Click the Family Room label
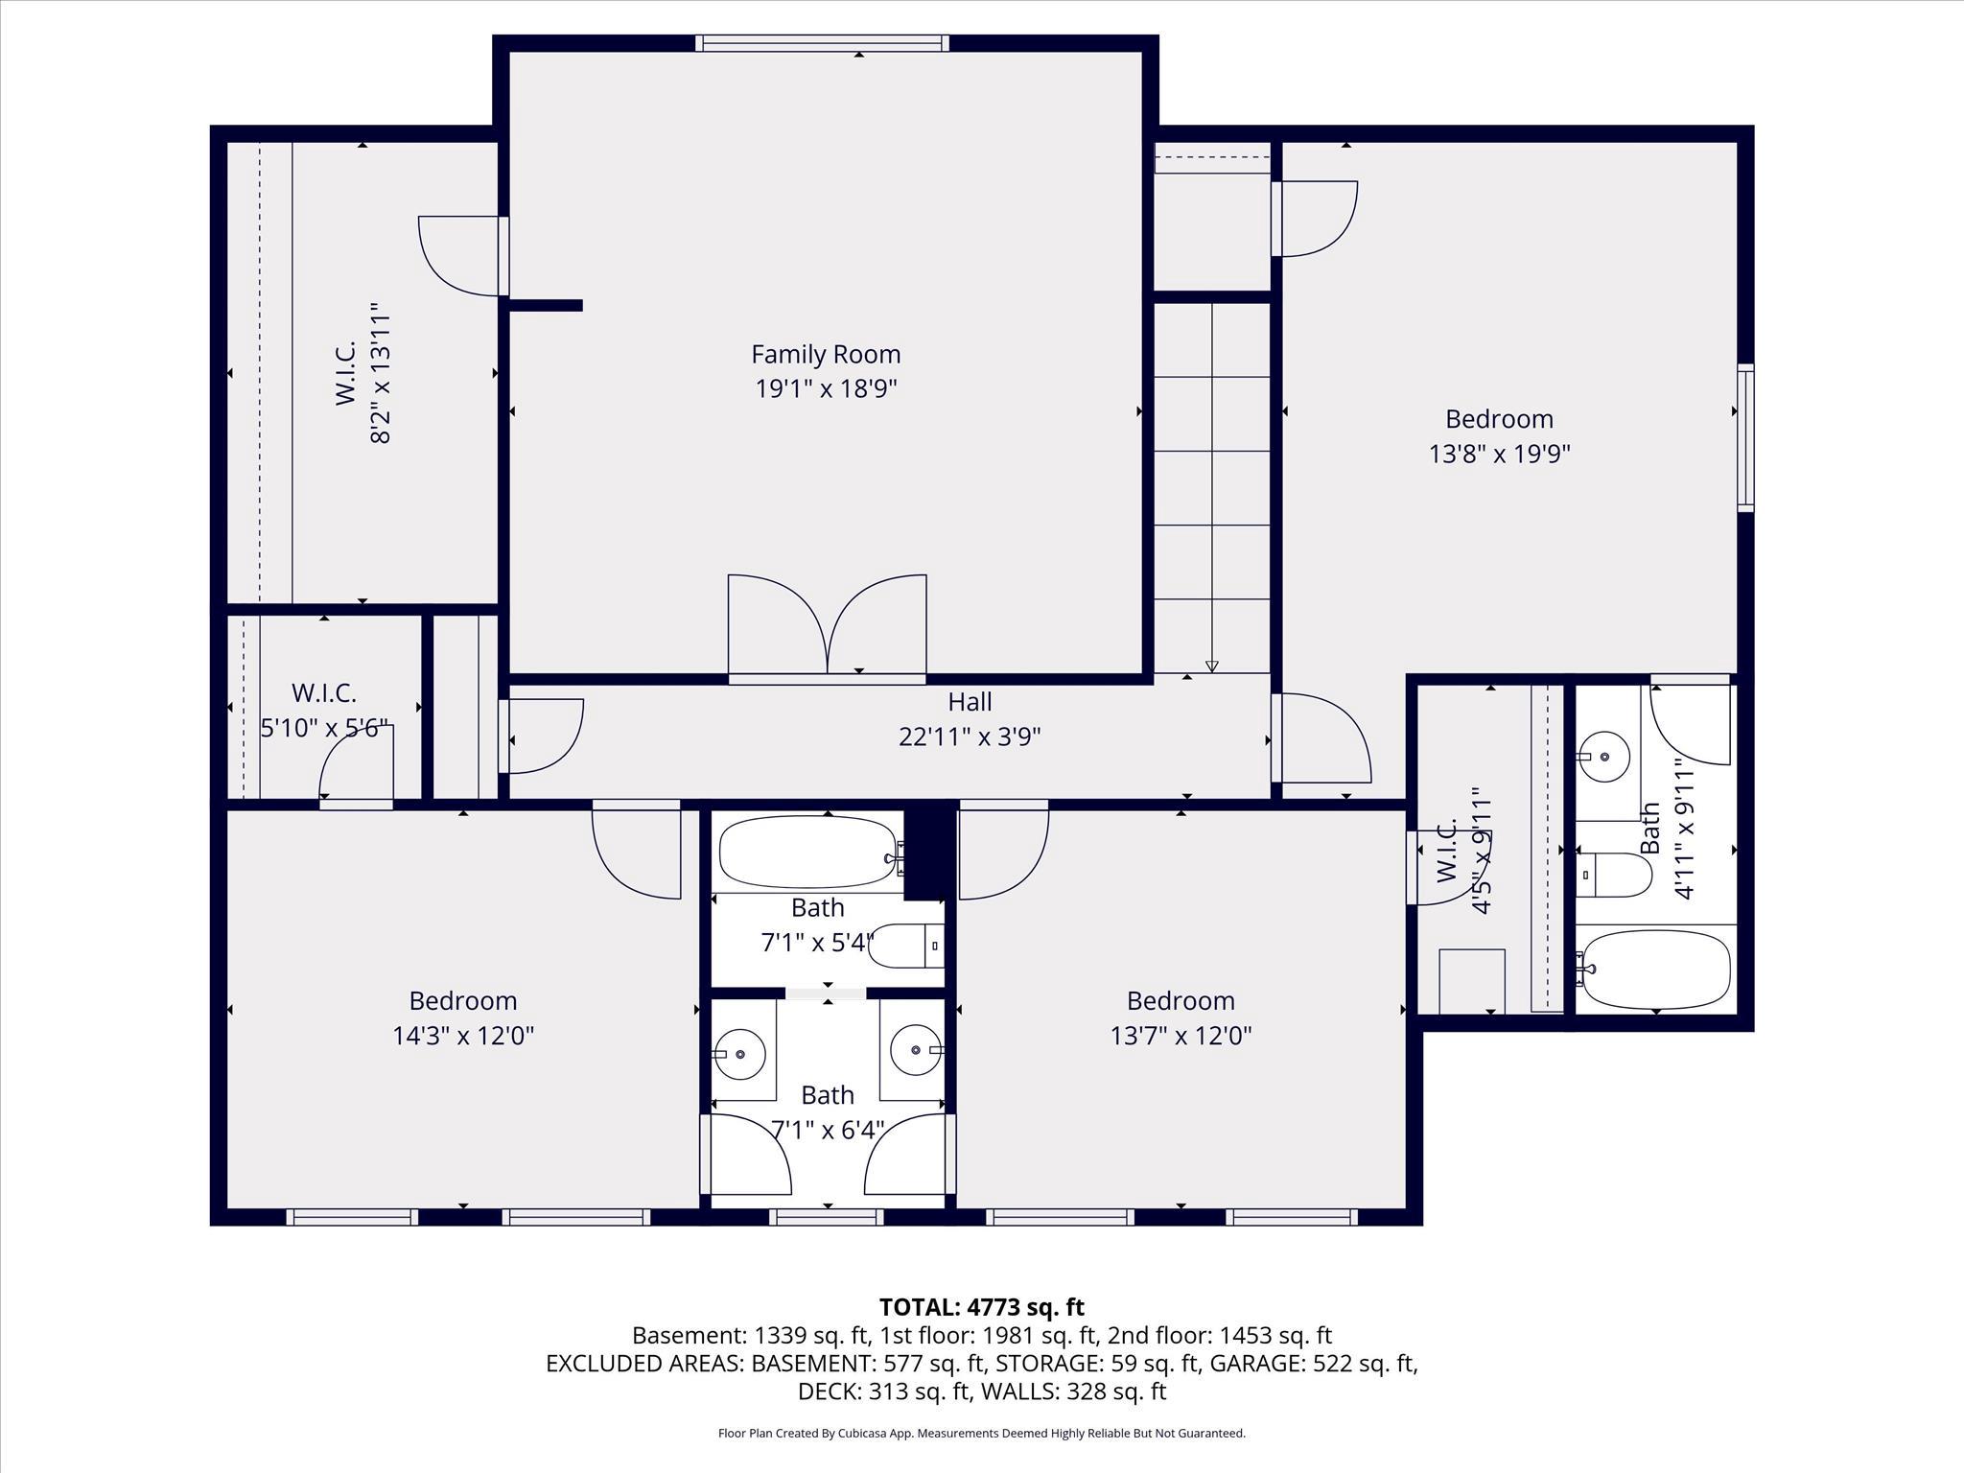(826, 354)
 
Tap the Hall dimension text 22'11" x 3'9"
(970, 736)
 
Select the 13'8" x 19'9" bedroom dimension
(1499, 454)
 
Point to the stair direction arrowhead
(1212, 666)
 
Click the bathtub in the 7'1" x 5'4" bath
(808, 852)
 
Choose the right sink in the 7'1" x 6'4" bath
(916, 1050)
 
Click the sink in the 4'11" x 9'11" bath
(1603, 757)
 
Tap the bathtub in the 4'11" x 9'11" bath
(1656, 969)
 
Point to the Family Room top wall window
(822, 43)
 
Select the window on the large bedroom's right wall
(1745, 437)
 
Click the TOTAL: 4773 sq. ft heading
(981, 1307)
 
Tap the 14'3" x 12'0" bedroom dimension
(463, 1036)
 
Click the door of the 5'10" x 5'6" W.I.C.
(356, 767)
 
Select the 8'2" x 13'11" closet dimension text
(381, 374)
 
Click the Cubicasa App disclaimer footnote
(981, 1433)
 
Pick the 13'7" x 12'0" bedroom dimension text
(1181, 1036)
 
